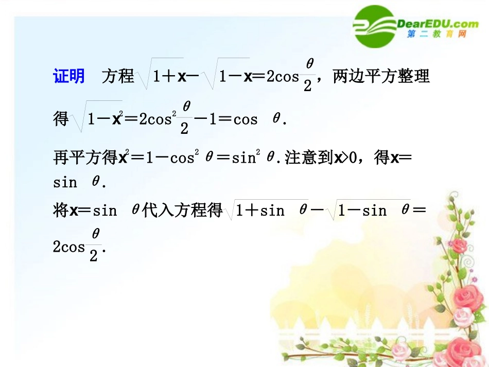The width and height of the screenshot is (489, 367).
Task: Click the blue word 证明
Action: [x=69, y=76]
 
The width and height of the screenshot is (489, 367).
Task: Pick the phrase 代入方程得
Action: [x=183, y=210]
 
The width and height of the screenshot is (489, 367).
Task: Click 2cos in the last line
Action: [x=69, y=247]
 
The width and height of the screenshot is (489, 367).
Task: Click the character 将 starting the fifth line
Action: [x=61, y=210]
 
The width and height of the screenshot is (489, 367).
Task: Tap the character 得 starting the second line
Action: [x=61, y=119]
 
